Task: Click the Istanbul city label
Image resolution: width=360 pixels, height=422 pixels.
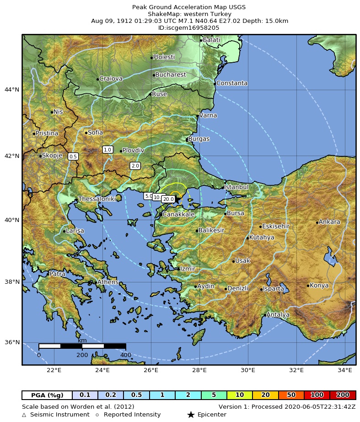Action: pyautogui.click(x=236, y=187)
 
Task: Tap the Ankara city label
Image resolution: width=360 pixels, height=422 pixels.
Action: pyautogui.click(x=329, y=222)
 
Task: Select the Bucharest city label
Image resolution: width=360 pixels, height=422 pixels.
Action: pyautogui.click(x=171, y=75)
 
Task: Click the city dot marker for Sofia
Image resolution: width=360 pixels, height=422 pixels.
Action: pyautogui.click(x=86, y=133)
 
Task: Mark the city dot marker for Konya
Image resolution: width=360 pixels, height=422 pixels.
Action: pyautogui.click(x=308, y=286)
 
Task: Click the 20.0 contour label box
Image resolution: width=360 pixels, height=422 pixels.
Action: pyautogui.click(x=168, y=199)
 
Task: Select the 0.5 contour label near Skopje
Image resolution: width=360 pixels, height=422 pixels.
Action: pyautogui.click(x=73, y=157)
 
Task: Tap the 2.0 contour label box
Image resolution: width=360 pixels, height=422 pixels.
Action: pyautogui.click(x=135, y=166)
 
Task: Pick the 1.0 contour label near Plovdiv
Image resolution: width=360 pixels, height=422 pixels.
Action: pyautogui.click(x=107, y=150)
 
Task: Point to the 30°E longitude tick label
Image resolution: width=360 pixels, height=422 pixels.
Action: pyautogui.click(x=248, y=370)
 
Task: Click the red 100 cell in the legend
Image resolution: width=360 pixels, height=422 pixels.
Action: pyautogui.click(x=317, y=395)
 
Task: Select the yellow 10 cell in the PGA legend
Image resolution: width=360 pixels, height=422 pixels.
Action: pyautogui.click(x=239, y=395)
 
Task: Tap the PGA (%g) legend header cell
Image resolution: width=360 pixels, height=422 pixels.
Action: pyautogui.click(x=47, y=395)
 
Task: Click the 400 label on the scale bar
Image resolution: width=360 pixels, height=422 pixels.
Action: pyautogui.click(x=126, y=355)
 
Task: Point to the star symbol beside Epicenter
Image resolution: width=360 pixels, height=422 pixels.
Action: pyautogui.click(x=191, y=415)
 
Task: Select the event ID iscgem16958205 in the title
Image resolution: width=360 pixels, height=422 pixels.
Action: pyautogui.click(x=188, y=27)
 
